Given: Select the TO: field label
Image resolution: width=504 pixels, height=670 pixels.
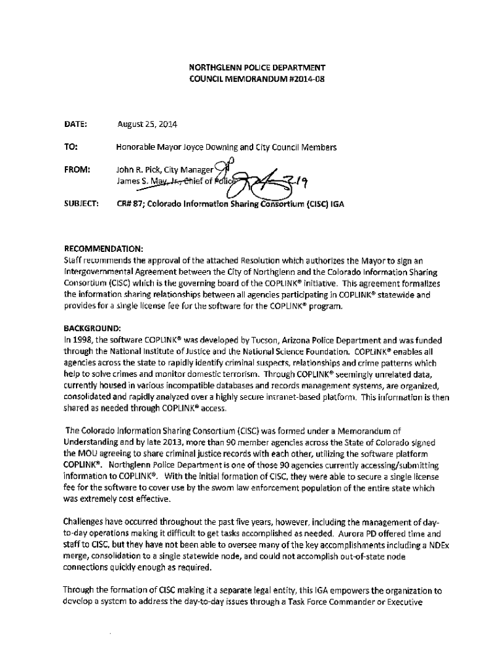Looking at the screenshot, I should click(71, 147).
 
